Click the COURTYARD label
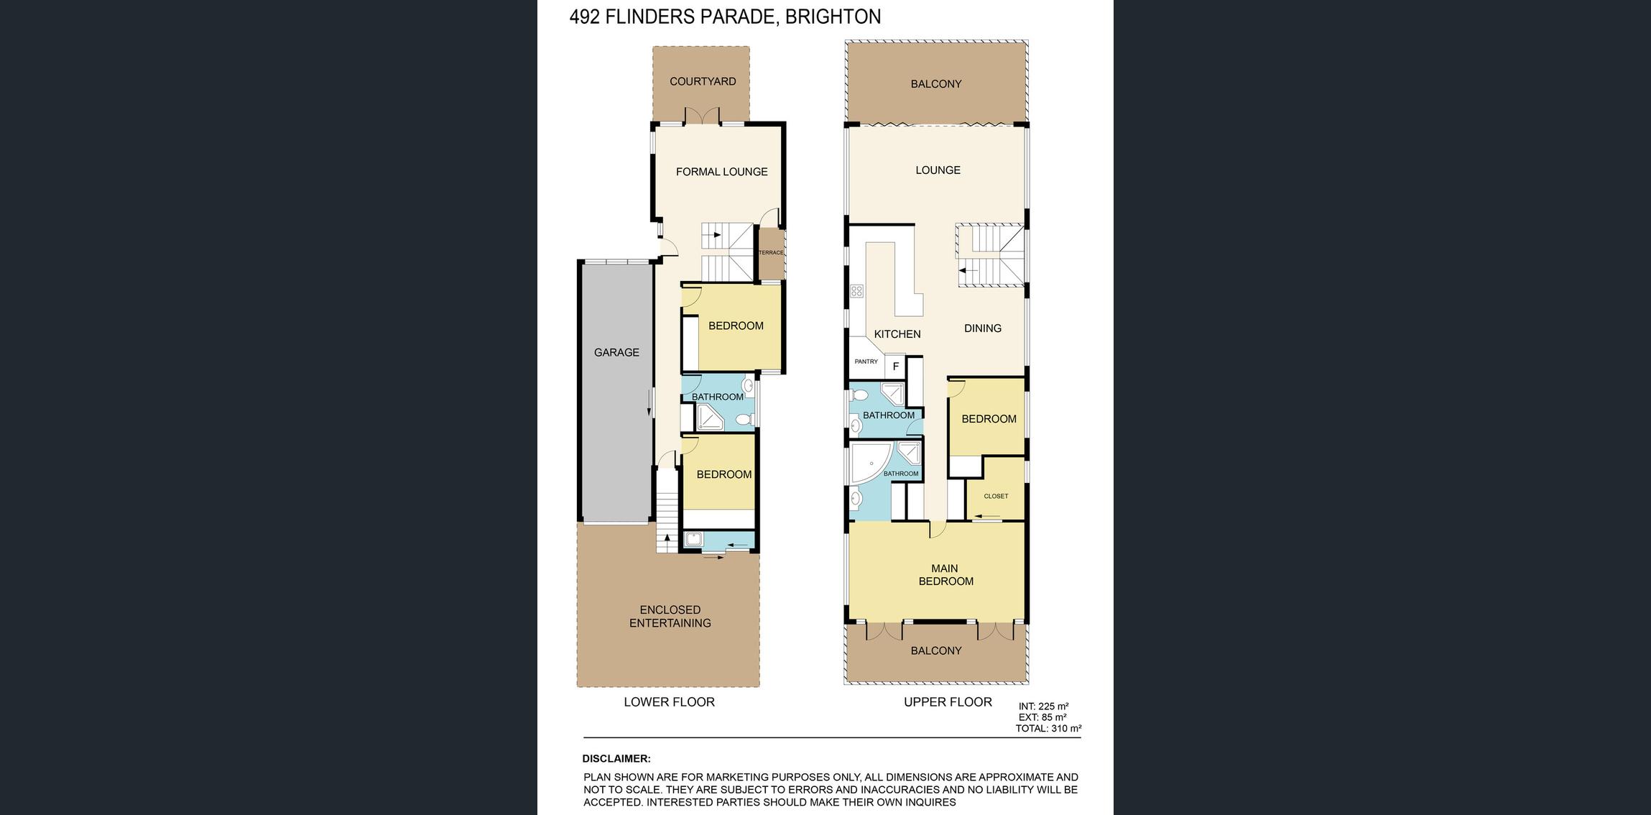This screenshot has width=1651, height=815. [x=703, y=81]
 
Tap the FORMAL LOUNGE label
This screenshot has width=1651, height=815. [x=722, y=172]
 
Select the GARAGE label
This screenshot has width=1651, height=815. [x=616, y=352]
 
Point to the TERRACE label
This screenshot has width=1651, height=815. [x=771, y=252]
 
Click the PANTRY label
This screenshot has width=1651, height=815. [x=866, y=362]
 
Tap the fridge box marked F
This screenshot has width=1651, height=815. [x=895, y=367]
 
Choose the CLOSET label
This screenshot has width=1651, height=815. [x=996, y=496]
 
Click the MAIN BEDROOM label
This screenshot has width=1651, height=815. [x=945, y=575]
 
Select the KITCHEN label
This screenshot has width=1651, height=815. [x=897, y=334]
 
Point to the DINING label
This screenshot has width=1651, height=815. [x=983, y=328]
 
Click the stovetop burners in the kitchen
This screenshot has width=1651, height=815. [x=856, y=291]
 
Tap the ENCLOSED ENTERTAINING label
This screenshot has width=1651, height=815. [x=670, y=617]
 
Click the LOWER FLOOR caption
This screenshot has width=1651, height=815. [x=670, y=702]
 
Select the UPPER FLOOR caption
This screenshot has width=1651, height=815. [x=948, y=702]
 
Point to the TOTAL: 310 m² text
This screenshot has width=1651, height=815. [x=1048, y=728]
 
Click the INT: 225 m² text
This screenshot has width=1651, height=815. [x=1043, y=706]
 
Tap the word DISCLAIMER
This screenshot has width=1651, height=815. [x=616, y=759]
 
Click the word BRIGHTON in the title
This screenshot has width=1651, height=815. [x=833, y=17]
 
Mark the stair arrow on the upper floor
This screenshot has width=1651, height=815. [x=968, y=271]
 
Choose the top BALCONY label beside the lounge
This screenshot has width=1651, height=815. [x=936, y=84]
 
